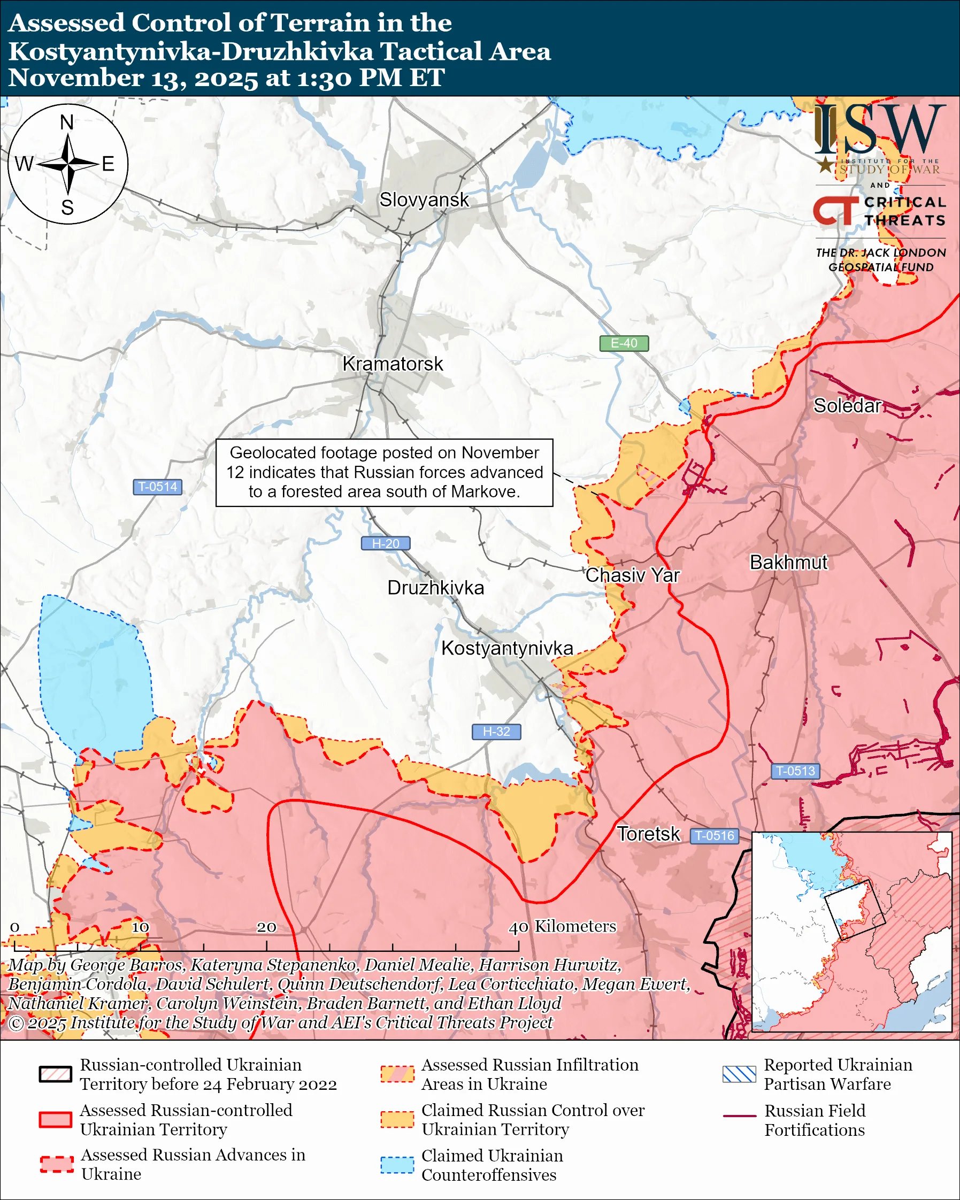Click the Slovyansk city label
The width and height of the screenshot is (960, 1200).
click(424, 200)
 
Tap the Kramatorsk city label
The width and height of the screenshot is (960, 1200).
click(393, 364)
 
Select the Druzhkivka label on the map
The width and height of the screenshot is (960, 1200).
click(435, 588)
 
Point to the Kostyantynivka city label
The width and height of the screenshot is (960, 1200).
click(507, 649)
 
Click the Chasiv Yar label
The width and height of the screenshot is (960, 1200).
click(632, 575)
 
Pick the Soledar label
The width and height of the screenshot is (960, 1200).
click(847, 406)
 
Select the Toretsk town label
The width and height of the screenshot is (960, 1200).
click(648, 834)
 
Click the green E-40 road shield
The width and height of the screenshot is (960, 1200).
click(624, 343)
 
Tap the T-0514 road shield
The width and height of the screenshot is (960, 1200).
click(157, 487)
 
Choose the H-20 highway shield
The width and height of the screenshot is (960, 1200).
click(386, 543)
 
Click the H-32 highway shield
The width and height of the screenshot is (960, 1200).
click(496, 732)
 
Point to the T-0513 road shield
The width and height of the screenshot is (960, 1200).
click(795, 771)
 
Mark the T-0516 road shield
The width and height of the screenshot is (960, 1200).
click(715, 835)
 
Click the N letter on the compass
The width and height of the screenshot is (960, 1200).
click(67, 122)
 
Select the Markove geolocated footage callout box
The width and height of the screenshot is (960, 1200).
click(384, 473)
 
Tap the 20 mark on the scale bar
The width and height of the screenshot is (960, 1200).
click(266, 927)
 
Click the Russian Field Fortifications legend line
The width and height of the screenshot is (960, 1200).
click(739, 1117)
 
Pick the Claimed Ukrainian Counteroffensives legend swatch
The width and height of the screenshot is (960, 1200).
click(397, 1165)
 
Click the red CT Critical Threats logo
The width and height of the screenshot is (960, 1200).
click(835, 211)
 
